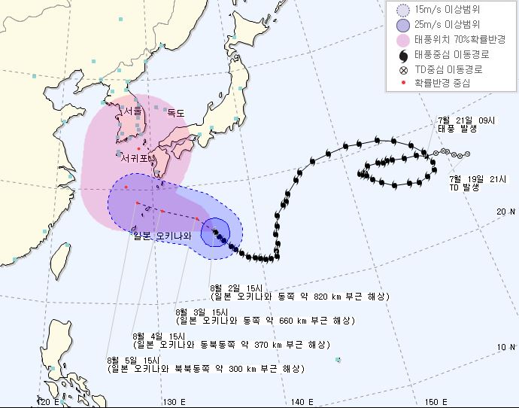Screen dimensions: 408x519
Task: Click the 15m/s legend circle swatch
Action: point(402,11)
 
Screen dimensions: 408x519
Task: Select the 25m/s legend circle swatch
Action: point(402,25)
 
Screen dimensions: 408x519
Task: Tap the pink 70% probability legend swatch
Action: point(402,40)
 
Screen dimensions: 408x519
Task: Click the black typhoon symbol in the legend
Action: point(402,55)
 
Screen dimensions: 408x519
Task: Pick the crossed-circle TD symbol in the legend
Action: point(402,69)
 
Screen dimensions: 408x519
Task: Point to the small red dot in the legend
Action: point(402,84)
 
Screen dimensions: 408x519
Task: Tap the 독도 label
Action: point(175,114)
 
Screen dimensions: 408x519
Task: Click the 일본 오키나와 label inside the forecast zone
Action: point(162,236)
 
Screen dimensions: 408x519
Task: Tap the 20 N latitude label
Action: point(505,212)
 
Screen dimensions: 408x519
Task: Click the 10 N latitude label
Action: point(505,346)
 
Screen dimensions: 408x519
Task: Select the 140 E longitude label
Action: point(302,402)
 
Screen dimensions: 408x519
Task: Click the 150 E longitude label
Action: point(433,402)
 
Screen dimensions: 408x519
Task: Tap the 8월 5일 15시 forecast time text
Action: point(134,361)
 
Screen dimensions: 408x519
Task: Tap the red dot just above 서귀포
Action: point(138,148)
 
